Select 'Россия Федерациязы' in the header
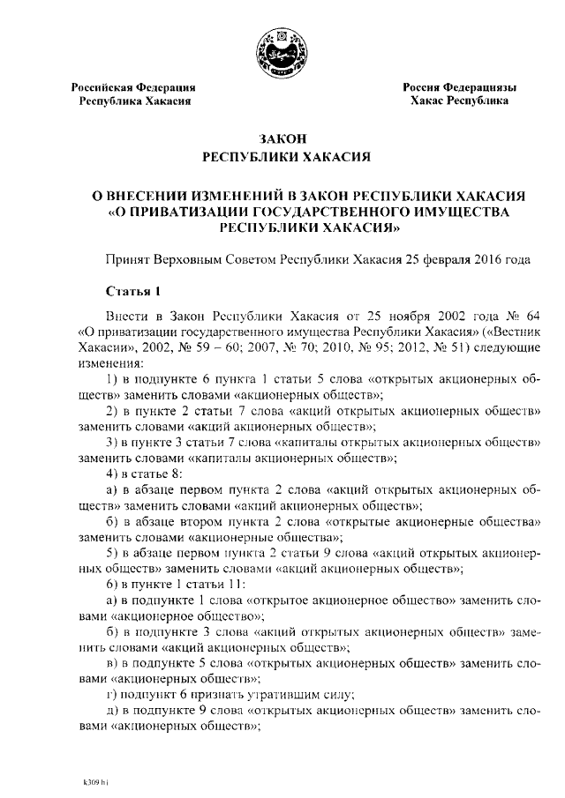(x=459, y=87)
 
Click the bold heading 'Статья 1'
(x=132, y=290)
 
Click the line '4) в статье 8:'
(x=144, y=474)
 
